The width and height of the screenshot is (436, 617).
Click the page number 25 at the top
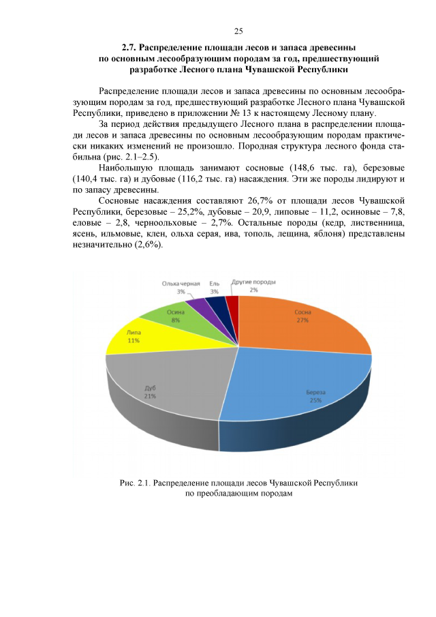tap(238, 31)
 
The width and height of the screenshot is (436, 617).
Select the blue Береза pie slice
tap(300, 392)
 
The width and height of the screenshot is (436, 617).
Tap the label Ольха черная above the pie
tap(181, 283)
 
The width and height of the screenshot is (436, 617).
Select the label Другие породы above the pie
tap(254, 281)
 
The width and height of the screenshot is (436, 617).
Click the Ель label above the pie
tap(215, 283)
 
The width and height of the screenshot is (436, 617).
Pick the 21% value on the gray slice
tap(150, 395)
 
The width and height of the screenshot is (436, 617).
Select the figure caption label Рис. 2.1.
tap(134, 483)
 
